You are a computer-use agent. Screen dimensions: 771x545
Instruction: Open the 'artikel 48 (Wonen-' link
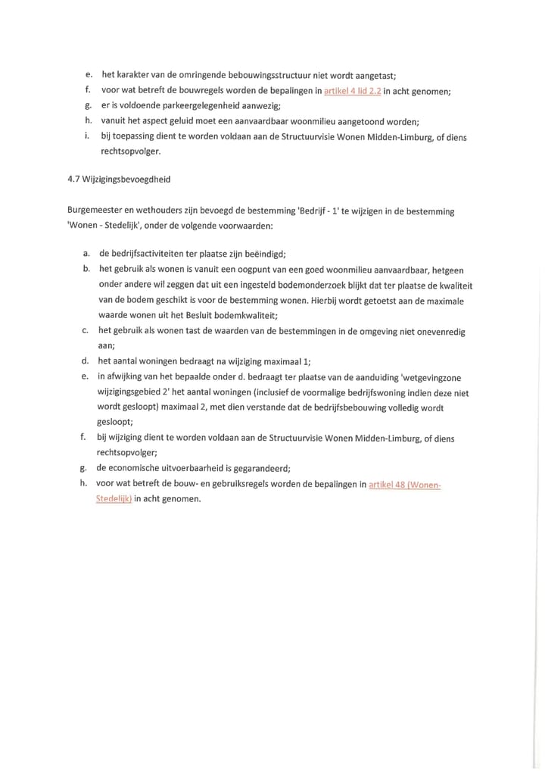[x=404, y=485]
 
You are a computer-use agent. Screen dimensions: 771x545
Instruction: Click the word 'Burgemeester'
[x=95, y=211]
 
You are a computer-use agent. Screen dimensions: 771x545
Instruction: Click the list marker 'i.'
[x=88, y=136]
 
